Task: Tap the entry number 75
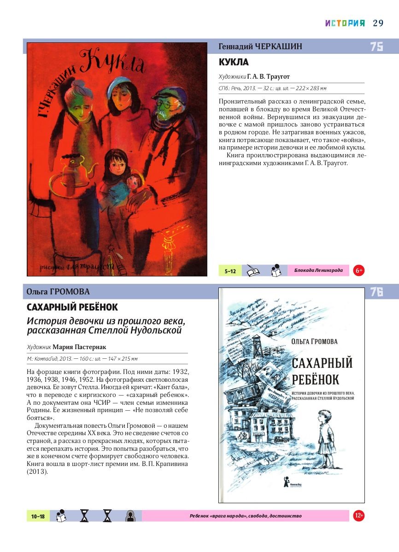tap(376, 46)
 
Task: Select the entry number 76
tap(376, 292)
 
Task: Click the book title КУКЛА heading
tap(234, 62)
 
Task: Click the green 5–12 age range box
tap(230, 271)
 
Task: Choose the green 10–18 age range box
tap(38, 516)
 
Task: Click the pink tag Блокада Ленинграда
tap(318, 270)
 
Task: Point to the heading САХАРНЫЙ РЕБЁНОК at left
tap(72, 307)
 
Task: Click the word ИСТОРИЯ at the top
tap(345, 23)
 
